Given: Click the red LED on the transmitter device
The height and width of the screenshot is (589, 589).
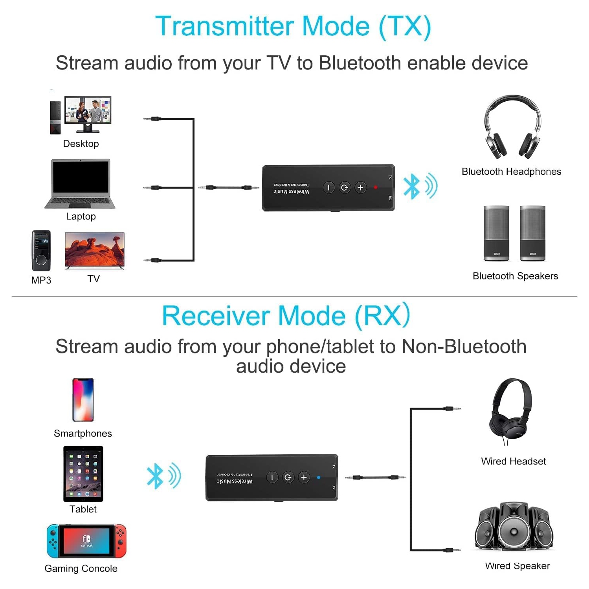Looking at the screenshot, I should [x=376, y=187].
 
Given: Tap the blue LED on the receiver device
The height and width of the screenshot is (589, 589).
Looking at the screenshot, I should [x=319, y=477].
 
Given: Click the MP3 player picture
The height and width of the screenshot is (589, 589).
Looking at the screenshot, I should [x=41, y=251].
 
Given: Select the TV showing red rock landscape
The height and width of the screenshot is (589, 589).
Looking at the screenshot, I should [x=94, y=250].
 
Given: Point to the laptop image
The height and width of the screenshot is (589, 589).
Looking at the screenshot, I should [x=81, y=183].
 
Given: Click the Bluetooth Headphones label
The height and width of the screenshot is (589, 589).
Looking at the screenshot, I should [x=511, y=172].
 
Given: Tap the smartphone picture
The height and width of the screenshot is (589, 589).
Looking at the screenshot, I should [x=83, y=400].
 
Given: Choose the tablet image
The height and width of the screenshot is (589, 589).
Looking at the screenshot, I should [x=83, y=474].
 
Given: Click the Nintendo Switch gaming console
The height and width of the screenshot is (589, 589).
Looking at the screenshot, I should [x=86, y=541].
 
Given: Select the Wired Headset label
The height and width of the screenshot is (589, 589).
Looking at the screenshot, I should [x=513, y=461].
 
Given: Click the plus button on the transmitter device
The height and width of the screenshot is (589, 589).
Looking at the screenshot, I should [x=360, y=187].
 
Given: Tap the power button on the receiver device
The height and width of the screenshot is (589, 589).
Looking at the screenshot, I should [x=288, y=477].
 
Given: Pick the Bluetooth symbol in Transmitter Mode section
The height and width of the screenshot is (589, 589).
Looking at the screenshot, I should [x=412, y=186].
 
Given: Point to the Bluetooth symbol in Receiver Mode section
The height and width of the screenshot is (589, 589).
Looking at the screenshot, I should [x=155, y=476].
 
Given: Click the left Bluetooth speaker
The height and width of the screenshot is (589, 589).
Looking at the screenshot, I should [x=496, y=233].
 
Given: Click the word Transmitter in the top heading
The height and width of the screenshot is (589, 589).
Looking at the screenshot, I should [x=224, y=26].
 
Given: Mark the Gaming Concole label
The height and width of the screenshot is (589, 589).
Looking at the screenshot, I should [x=81, y=569].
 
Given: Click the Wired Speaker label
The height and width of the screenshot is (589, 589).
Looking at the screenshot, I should [x=517, y=566].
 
